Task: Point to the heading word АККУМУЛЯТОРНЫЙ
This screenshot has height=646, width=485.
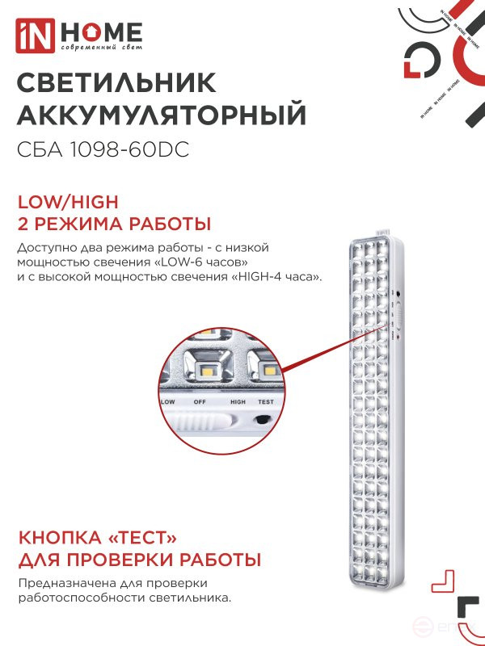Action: (162, 116)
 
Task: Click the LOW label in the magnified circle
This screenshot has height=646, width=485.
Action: (168, 401)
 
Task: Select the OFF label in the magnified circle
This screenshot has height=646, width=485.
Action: (200, 401)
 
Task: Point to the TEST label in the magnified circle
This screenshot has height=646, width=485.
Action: (265, 401)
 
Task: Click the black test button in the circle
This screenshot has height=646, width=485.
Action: (263, 419)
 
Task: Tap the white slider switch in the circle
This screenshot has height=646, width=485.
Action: (201, 421)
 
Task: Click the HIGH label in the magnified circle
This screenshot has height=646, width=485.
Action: (238, 401)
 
